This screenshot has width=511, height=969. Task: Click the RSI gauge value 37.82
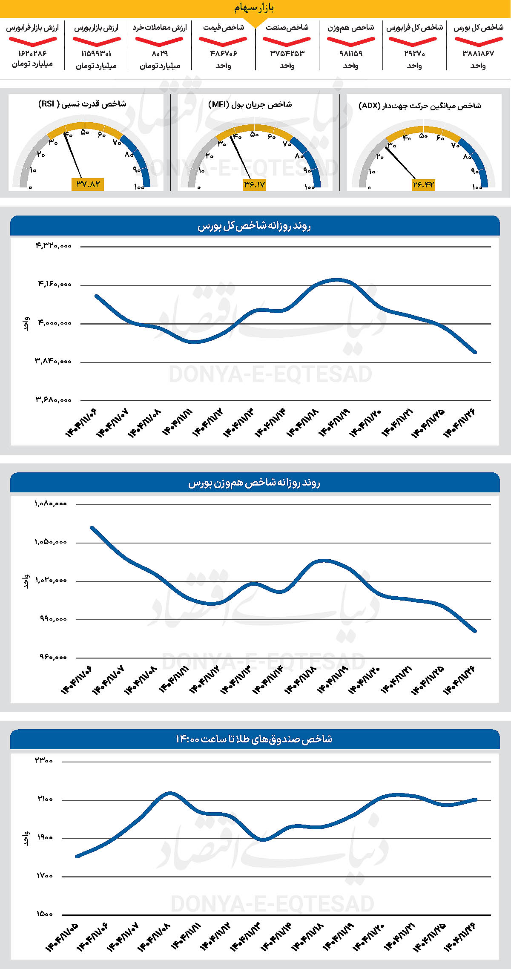click(88, 184)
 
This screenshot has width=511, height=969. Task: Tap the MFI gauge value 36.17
click(254, 184)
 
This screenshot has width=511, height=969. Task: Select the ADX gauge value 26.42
click(423, 184)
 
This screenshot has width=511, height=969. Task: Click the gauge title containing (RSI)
click(82, 104)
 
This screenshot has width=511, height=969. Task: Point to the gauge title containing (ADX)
click(419, 106)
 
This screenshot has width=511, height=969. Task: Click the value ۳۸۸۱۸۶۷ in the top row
click(478, 54)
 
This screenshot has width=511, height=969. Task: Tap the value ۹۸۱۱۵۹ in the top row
click(351, 54)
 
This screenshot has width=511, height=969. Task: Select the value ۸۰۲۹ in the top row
click(160, 54)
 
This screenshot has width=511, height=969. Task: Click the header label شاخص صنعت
click(287, 28)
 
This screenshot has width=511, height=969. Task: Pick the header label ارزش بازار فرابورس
click(32, 28)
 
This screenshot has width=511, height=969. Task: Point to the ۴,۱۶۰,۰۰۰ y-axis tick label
click(55, 284)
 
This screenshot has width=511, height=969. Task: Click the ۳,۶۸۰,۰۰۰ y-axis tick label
click(53, 400)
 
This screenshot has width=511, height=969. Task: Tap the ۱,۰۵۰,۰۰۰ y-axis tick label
click(51, 542)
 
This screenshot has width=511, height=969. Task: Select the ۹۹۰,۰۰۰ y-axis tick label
click(53, 619)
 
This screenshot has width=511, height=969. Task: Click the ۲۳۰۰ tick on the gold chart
click(44, 761)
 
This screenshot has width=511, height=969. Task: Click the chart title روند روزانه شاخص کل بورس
click(254, 226)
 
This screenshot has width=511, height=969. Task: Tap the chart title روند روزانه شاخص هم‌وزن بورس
click(254, 483)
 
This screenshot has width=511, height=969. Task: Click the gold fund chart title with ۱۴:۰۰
click(254, 739)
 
